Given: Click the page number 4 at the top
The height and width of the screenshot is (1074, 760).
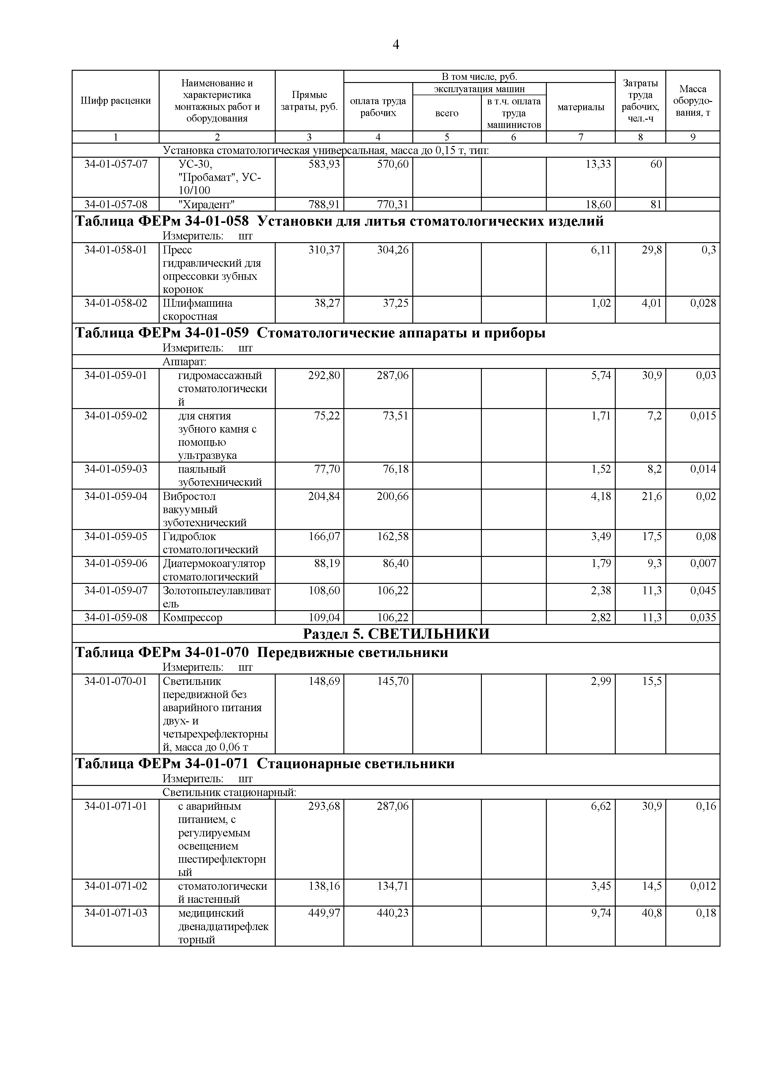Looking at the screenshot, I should (x=396, y=45).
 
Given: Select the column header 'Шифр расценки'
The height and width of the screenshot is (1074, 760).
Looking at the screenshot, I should (x=115, y=100).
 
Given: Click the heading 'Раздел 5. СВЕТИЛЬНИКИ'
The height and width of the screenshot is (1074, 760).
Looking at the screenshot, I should (x=396, y=633).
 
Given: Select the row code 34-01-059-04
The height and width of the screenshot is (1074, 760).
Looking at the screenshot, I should (x=115, y=496).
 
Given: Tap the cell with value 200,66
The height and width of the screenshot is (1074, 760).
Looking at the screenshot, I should (x=392, y=496).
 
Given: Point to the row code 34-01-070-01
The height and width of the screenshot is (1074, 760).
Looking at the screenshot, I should (x=115, y=681).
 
